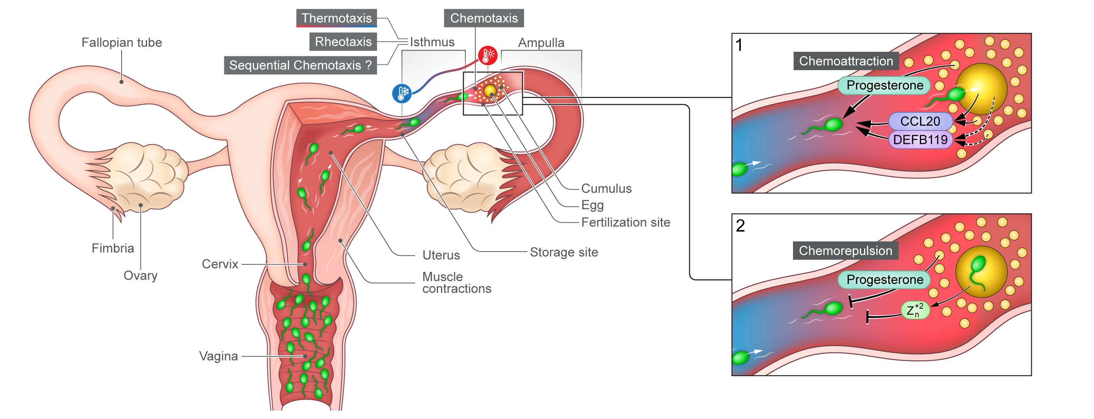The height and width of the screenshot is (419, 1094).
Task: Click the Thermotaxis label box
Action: click(x=336, y=18)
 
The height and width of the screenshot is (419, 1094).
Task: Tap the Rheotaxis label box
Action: click(x=343, y=42)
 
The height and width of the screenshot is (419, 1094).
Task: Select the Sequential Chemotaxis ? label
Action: click(x=300, y=65)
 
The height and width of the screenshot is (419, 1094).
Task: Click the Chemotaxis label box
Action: click(x=484, y=18)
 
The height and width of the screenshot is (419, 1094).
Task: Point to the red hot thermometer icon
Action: click(x=487, y=55)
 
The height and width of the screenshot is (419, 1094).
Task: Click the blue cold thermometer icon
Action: click(x=402, y=93)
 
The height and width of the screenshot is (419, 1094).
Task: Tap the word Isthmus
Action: click(x=432, y=42)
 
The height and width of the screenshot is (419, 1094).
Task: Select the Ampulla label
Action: click(x=541, y=42)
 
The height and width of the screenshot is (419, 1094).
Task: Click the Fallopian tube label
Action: click(x=122, y=42)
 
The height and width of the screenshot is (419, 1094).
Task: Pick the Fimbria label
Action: click(x=113, y=248)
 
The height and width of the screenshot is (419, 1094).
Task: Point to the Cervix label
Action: click(x=220, y=264)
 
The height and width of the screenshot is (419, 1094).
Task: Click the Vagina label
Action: click(x=218, y=356)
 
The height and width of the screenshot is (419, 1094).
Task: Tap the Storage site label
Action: click(x=563, y=252)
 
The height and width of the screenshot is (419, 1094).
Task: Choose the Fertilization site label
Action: click(x=626, y=222)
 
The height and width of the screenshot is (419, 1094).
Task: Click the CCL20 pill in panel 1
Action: click(x=920, y=121)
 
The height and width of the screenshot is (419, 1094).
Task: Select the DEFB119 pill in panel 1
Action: click(x=920, y=139)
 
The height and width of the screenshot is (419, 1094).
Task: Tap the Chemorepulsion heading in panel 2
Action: click(x=845, y=250)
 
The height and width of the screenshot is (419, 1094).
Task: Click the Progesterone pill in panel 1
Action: click(x=884, y=85)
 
